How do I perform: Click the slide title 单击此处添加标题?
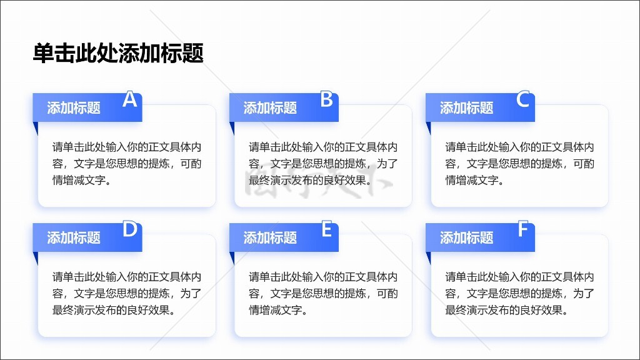(x=118, y=54)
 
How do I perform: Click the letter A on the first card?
(x=130, y=99)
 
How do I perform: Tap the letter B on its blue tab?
(x=326, y=99)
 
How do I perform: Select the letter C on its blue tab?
(x=523, y=99)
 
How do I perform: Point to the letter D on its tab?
(x=130, y=229)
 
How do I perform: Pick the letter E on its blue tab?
(x=326, y=229)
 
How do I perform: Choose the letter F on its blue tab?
(x=523, y=229)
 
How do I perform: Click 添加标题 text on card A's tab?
(x=74, y=107)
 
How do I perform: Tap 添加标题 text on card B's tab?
(x=270, y=107)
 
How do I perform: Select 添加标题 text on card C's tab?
(x=466, y=107)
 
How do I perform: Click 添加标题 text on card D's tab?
(x=74, y=237)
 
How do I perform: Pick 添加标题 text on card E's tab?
(x=270, y=237)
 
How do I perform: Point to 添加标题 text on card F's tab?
(x=466, y=237)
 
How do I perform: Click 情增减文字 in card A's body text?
(x=79, y=180)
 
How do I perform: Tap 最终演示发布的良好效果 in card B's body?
(x=307, y=180)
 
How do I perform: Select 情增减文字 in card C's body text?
(x=471, y=180)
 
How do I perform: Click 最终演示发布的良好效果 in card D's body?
(x=111, y=310)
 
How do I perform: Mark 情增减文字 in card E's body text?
(x=276, y=310)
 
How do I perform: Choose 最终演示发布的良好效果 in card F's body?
(x=504, y=310)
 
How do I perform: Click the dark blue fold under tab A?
(x=36, y=127)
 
